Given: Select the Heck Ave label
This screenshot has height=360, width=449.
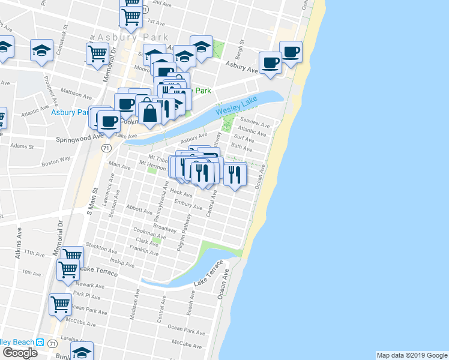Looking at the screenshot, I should pos(181,193).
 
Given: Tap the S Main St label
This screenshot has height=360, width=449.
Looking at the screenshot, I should pos(92,200).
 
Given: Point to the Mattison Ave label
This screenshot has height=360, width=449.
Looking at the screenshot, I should pos(76,95).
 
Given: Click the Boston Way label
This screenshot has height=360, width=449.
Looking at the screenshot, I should pos(56,161).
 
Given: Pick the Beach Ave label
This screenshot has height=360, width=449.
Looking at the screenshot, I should pos(191,307).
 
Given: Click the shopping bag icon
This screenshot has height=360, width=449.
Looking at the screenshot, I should pos(148,112).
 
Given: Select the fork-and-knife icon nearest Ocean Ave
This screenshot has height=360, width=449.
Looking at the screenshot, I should pos(235,174).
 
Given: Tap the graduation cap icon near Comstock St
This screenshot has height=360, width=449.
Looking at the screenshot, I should pos(41,50).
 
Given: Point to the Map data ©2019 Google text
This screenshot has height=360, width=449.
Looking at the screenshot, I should pos(411,355).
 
